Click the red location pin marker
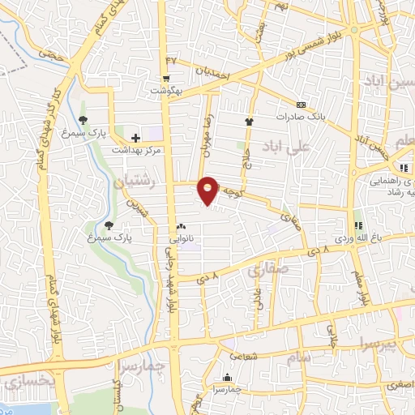pos(208,189)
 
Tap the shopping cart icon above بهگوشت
pos(166,79)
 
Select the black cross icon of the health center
pos(135,139)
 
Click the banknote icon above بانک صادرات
pos(302,105)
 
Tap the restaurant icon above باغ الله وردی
pos(357,225)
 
